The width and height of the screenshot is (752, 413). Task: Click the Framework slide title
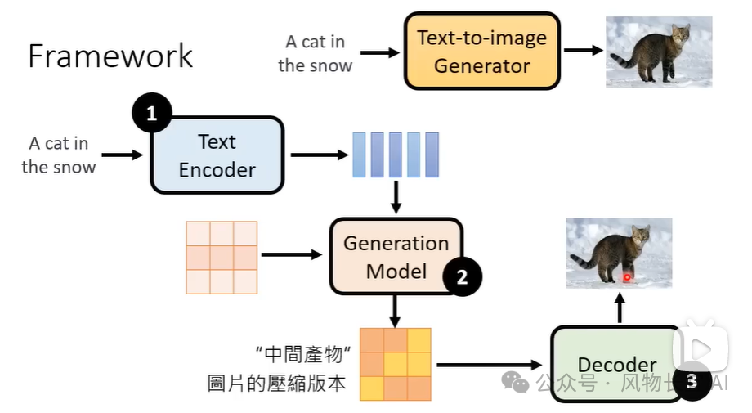pyautogui.click(x=110, y=56)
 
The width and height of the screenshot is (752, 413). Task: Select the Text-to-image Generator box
pyautogui.click(x=482, y=51)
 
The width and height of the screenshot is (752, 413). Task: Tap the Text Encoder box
pyautogui.click(x=217, y=155)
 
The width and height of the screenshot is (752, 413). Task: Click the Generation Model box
pyautogui.click(x=396, y=256)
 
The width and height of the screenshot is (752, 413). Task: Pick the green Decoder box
pyautogui.click(x=617, y=365)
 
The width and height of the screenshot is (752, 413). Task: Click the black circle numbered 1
pyautogui.click(x=152, y=113)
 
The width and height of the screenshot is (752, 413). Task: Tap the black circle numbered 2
pyautogui.click(x=462, y=276)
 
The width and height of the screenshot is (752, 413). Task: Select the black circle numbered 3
pyautogui.click(x=691, y=381)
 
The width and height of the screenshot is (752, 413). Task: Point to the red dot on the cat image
pyautogui.click(x=627, y=277)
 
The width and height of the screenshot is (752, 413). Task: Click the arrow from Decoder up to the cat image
pyautogui.click(x=620, y=308)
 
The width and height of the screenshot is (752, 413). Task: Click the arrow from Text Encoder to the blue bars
pyautogui.click(x=320, y=155)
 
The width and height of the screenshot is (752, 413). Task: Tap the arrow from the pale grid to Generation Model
pyautogui.click(x=292, y=254)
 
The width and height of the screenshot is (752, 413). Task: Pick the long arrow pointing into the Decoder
pyautogui.click(x=489, y=365)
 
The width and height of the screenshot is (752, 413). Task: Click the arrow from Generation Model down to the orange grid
pyautogui.click(x=395, y=312)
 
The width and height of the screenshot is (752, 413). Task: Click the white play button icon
pyautogui.click(x=701, y=348)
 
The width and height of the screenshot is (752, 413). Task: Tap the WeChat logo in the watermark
pyautogui.click(x=516, y=382)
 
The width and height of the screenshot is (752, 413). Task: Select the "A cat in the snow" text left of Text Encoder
pyautogui.click(x=59, y=155)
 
